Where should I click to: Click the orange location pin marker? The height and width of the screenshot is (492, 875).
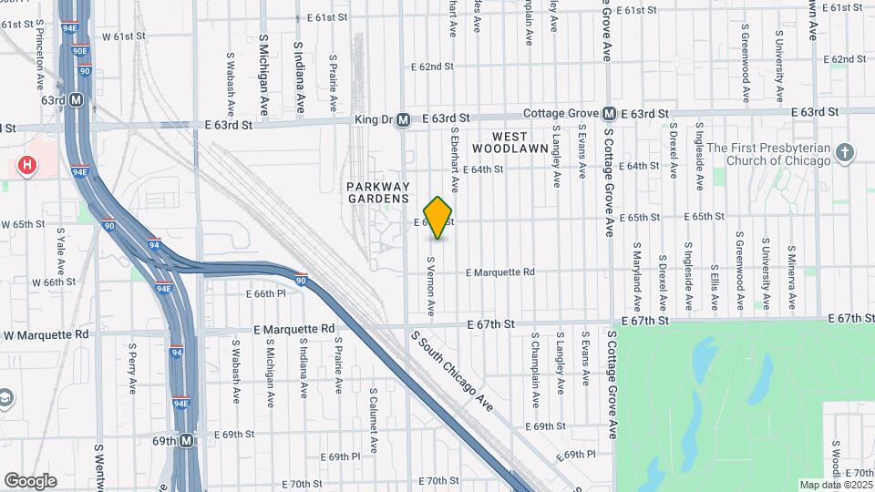click(438, 217)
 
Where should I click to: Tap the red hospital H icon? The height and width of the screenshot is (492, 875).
click(28, 166)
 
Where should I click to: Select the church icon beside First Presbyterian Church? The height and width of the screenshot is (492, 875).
click(845, 153)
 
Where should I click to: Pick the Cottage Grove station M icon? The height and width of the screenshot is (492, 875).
click(608, 114)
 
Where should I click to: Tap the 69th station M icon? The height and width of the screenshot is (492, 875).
click(187, 440)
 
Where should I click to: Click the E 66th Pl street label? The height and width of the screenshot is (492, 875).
click(266, 293)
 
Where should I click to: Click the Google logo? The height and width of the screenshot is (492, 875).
click(30, 480)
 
